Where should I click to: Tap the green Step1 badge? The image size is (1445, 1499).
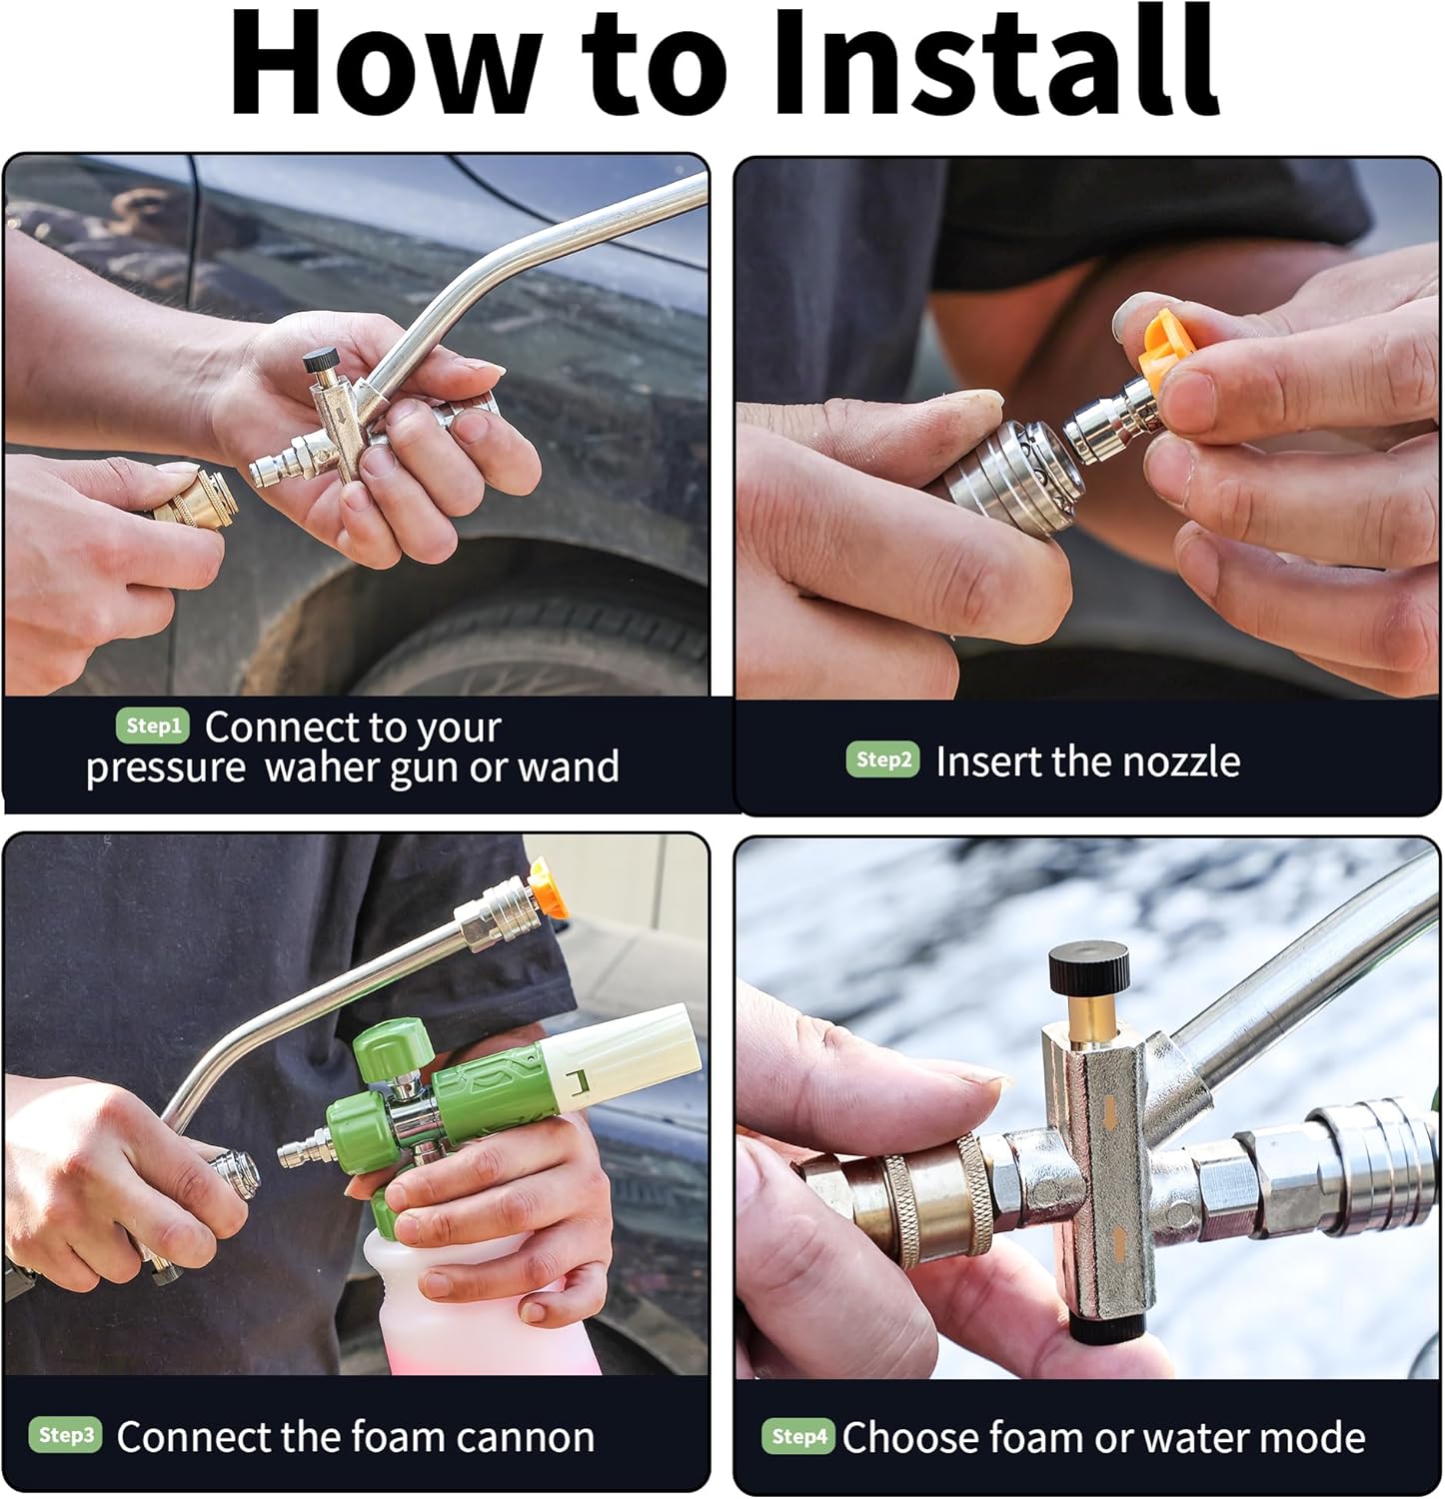pyautogui.click(x=152, y=726)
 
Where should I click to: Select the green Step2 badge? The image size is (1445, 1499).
pyautogui.click(x=883, y=759)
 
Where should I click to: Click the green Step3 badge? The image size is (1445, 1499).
pyautogui.click(x=65, y=1435)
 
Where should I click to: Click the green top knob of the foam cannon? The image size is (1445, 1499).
pyautogui.click(x=392, y=1048)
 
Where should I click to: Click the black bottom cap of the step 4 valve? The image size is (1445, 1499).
pyautogui.click(x=1106, y=1326)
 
